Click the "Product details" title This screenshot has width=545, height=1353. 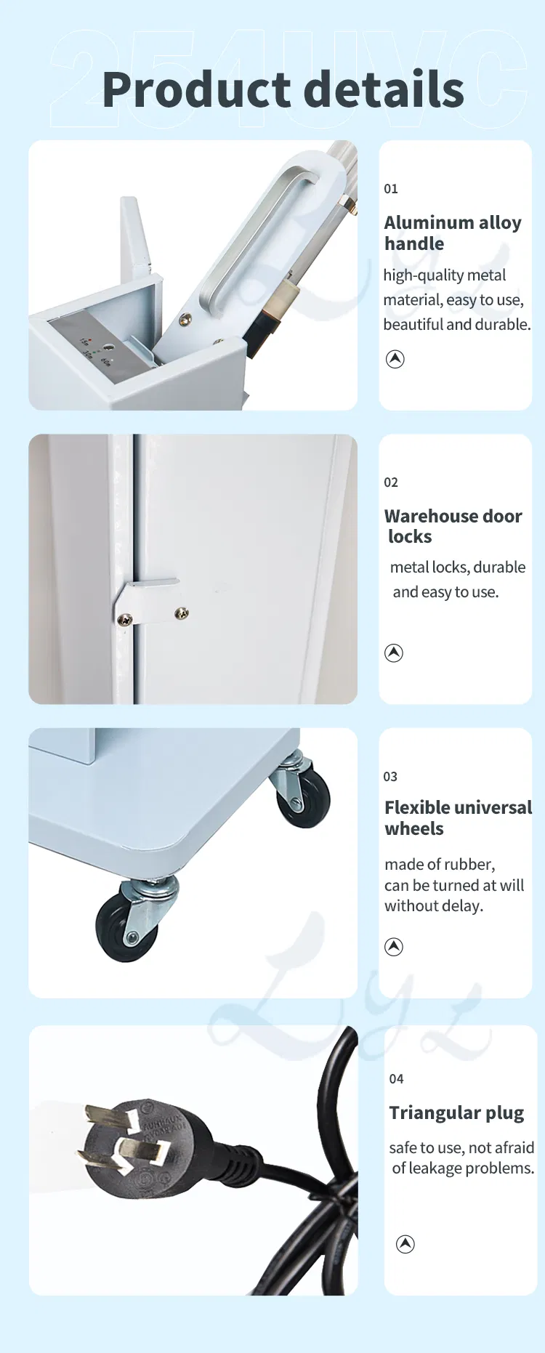pos(283,89)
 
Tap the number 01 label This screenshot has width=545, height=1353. pos(391,189)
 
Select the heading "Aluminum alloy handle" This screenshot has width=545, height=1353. pos(452,233)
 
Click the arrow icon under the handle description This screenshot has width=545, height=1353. pos(395,359)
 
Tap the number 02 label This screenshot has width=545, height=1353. pos(391,482)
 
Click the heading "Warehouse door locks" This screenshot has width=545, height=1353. pos(452,526)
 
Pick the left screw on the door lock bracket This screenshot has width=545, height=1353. pos(125,619)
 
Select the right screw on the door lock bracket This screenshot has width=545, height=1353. pos(182,614)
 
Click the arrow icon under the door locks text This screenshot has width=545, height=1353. pos(394,653)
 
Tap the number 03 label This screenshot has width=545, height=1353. pos(390,777)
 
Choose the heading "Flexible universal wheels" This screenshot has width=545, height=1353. pos(458,818)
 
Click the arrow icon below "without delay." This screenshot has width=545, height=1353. pos(394,947)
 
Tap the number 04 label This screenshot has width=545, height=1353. pos(396,1079)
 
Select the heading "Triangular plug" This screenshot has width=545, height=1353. pos(456,1113)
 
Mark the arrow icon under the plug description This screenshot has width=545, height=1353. pos(405,1244)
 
